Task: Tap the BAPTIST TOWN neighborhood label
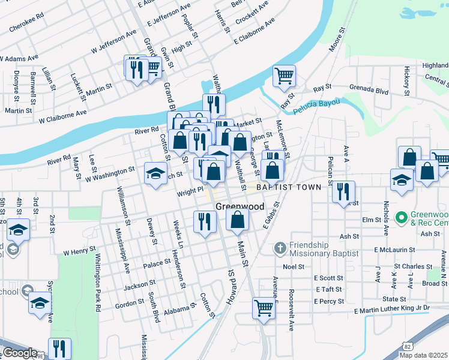click(289, 187)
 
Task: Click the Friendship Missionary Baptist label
click(324, 250)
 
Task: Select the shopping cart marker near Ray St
click(283, 76)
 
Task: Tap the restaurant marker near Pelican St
click(343, 191)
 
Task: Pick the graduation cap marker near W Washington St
click(155, 174)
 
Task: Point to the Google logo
click(19, 353)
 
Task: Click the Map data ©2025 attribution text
click(424, 355)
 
